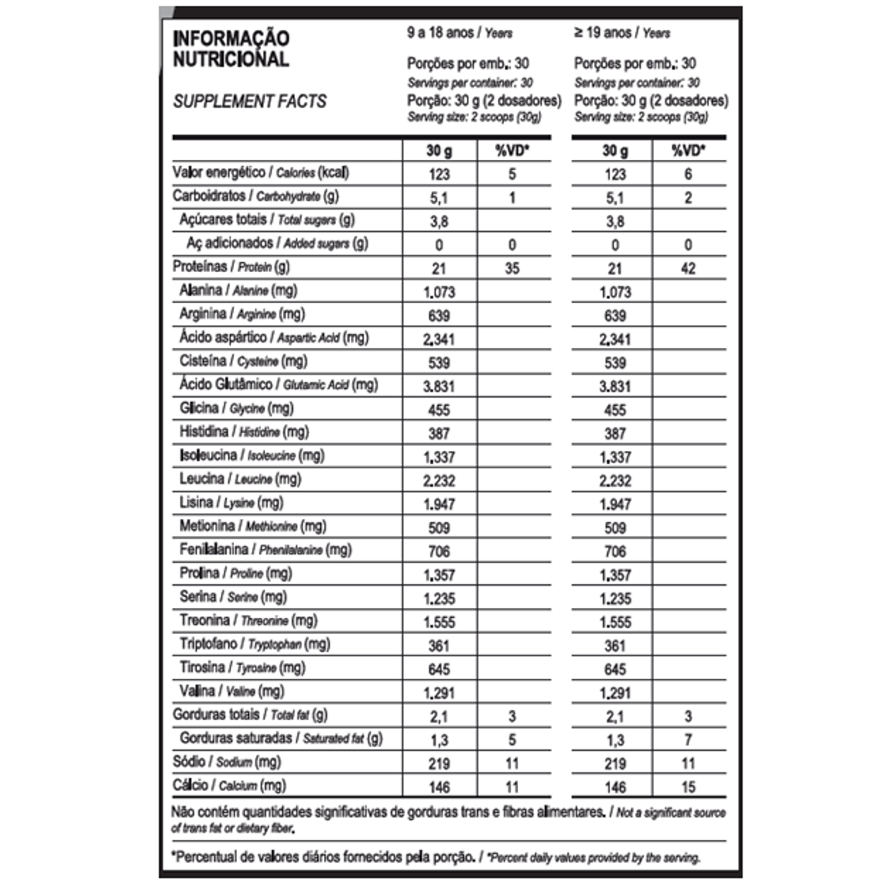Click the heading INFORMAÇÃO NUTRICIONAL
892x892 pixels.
tap(231, 48)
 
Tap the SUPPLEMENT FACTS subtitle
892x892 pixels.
tap(250, 101)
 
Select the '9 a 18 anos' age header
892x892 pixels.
tap(459, 33)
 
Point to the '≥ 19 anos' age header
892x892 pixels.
tap(621, 33)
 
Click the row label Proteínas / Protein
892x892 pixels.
tap(231, 267)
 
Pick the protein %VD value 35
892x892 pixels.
tap(512, 268)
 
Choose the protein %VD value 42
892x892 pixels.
tap(688, 268)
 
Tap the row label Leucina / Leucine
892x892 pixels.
tap(240, 479)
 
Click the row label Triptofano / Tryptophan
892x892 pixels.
tap(255, 644)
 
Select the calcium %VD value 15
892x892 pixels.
tap(688, 787)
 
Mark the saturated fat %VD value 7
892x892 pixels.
tap(688, 740)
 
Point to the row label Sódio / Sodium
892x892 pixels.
tap(227, 763)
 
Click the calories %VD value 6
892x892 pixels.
tap(688, 174)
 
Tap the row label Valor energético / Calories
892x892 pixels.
tap(261, 173)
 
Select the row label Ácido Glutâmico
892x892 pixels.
tap(279, 385)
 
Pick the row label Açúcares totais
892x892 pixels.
tap(267, 220)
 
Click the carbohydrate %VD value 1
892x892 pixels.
tap(512, 198)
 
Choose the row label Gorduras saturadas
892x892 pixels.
tap(281, 739)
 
